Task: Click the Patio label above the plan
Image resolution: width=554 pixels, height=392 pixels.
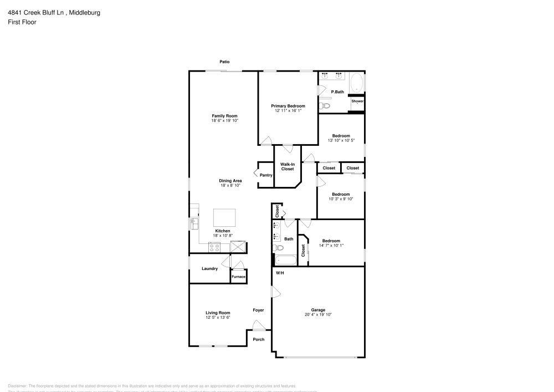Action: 224,62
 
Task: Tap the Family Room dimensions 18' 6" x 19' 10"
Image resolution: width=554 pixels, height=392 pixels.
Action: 224,121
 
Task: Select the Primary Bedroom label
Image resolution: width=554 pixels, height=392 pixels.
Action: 288,106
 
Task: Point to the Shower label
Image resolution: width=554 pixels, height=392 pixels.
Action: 357,101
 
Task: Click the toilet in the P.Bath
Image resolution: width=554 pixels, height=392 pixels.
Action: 325,105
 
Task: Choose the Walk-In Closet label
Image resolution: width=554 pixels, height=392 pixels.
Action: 287,166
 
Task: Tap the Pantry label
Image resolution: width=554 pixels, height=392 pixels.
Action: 266,175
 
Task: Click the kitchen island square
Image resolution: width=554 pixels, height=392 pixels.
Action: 224,217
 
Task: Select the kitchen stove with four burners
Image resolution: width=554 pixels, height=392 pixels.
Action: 215,248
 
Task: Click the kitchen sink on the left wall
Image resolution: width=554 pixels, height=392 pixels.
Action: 194,223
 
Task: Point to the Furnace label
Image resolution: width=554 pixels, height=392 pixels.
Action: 238,276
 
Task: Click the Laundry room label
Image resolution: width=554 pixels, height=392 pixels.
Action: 209,269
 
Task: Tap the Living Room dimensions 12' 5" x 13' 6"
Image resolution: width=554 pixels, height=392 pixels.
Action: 218,318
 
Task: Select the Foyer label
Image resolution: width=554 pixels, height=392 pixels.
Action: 258,310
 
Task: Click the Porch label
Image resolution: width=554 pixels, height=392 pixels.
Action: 258,339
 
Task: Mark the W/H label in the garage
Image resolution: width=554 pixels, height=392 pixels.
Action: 280,273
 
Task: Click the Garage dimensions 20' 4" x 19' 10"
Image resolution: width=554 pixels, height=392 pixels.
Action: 318,314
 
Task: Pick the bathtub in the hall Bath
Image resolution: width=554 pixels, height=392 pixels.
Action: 286,260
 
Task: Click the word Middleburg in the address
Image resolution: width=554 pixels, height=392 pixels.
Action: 85,12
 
